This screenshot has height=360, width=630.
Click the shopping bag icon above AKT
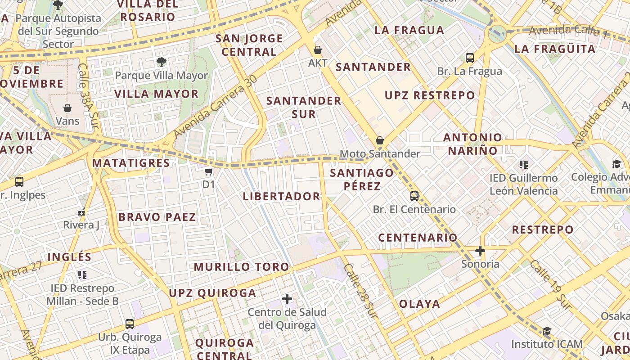coord(318,50)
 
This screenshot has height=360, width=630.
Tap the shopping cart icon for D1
coord(208,172)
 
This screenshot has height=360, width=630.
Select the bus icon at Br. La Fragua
coord(470,58)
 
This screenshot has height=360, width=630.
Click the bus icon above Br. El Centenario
coord(414,196)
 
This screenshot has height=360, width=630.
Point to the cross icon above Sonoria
coord(480,251)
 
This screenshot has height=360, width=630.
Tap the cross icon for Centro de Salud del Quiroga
coord(287,298)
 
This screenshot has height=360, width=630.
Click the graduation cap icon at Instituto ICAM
coord(547,331)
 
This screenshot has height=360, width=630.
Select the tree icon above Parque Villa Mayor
coord(161,62)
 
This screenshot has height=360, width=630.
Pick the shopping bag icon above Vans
coord(67,108)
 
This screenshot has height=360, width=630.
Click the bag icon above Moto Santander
coord(380,140)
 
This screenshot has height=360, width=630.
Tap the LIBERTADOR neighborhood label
coord(281,197)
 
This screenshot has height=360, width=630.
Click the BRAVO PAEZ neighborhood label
coord(157,217)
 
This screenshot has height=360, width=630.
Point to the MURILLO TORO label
coord(242,267)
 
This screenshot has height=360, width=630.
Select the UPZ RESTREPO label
coord(430,95)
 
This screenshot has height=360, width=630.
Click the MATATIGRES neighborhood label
coord(131,163)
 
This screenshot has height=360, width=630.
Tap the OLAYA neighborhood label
coord(420,304)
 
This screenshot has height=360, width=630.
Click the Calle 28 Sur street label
coord(360,291)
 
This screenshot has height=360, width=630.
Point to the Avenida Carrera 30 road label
coord(215,107)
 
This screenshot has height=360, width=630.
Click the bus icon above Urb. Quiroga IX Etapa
coord(130,324)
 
